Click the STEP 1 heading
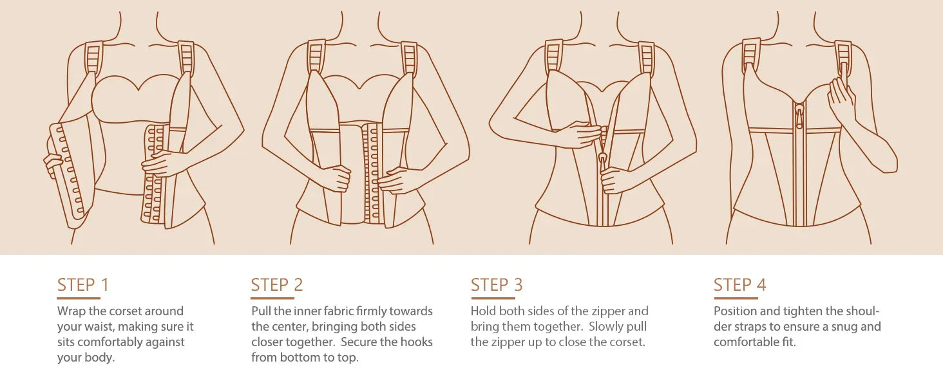point(83,284)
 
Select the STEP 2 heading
point(277,284)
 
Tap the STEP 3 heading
point(497,284)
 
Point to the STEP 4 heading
point(739,284)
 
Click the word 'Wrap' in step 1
point(71,311)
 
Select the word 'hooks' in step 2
point(416,342)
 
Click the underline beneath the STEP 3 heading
point(493,298)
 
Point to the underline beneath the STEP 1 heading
point(79,298)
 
